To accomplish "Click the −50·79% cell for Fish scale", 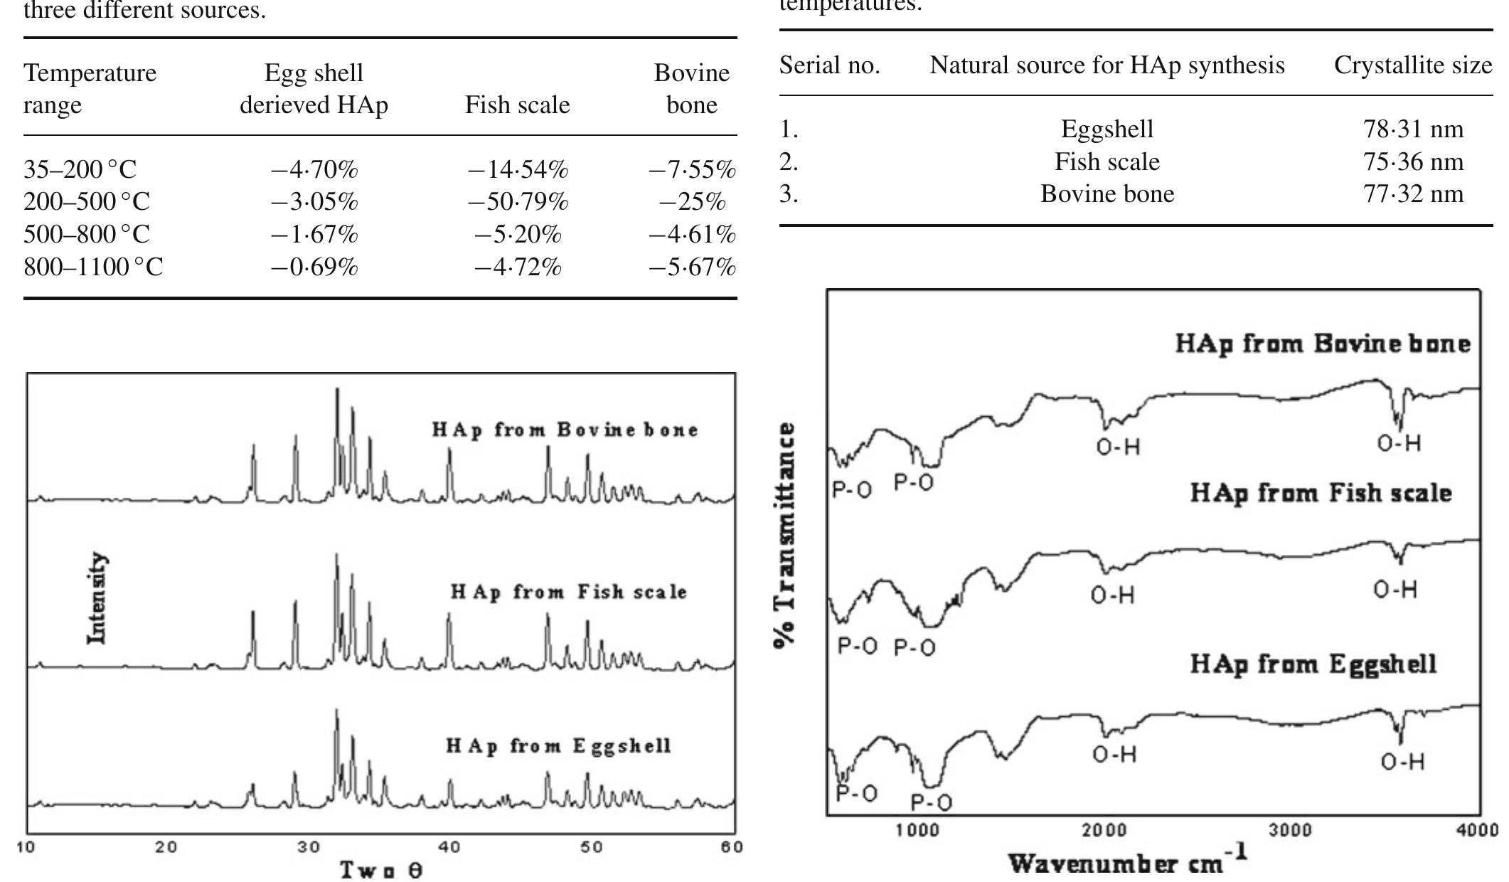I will pos(518,202).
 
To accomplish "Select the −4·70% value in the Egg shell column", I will pos(314,170).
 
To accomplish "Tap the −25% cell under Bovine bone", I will pos(692,202).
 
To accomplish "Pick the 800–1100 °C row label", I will pos(93,267).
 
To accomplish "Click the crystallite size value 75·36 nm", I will pos(1413,162).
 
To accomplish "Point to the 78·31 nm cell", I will pos(1413,129).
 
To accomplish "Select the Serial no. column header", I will pos(829,65).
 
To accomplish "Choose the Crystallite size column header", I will pos(1412,65).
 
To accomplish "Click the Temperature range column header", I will pos(90,89).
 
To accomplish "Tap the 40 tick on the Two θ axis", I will pos(449,847).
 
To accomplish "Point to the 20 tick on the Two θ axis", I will pos(166,847).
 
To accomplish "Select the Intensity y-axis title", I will pos(97,599).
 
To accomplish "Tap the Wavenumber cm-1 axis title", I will pos(1128,861).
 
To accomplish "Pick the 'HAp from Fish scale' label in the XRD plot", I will pos(568,592).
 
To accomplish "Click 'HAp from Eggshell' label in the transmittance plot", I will pos(1313,664).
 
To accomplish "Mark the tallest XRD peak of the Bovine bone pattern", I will pos(337,390).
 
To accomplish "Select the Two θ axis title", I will pos(381,869).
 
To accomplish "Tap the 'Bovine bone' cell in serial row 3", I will pos(1107,194).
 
